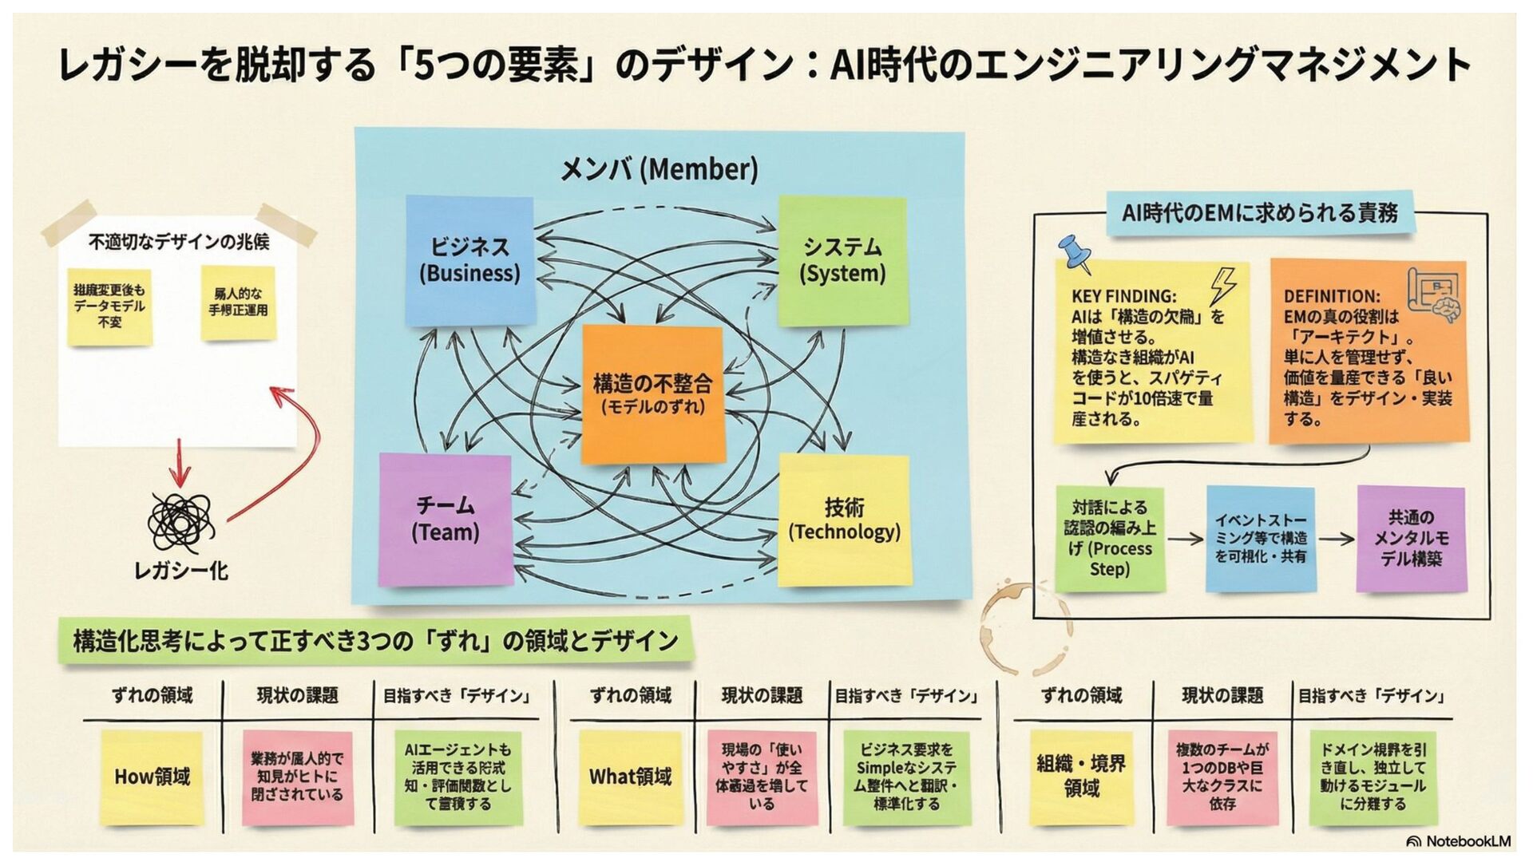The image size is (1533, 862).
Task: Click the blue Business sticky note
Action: tap(469, 260)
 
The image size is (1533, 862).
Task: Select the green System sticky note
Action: tap(842, 260)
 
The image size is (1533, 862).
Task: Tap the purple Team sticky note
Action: tap(445, 520)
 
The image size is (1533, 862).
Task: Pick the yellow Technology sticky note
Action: tap(844, 520)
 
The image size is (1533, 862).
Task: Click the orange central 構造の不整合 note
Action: tap(652, 394)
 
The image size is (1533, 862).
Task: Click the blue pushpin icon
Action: tap(1074, 253)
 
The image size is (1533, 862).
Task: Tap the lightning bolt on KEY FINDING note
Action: tap(1222, 285)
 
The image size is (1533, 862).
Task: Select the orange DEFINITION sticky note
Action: tap(1369, 351)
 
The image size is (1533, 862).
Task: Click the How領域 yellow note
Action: tap(152, 777)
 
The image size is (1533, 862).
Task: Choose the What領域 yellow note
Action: tap(630, 777)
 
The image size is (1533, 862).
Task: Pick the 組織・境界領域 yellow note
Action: tap(1081, 777)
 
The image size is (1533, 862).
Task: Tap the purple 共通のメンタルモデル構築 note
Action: tap(1411, 539)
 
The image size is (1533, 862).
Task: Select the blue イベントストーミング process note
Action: tap(1261, 539)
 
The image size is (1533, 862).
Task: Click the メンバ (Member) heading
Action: tap(659, 169)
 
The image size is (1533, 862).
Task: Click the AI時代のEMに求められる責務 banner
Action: tap(1259, 213)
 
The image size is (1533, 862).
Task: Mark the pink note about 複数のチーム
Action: tap(1222, 777)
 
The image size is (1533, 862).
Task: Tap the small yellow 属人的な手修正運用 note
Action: tap(238, 302)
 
